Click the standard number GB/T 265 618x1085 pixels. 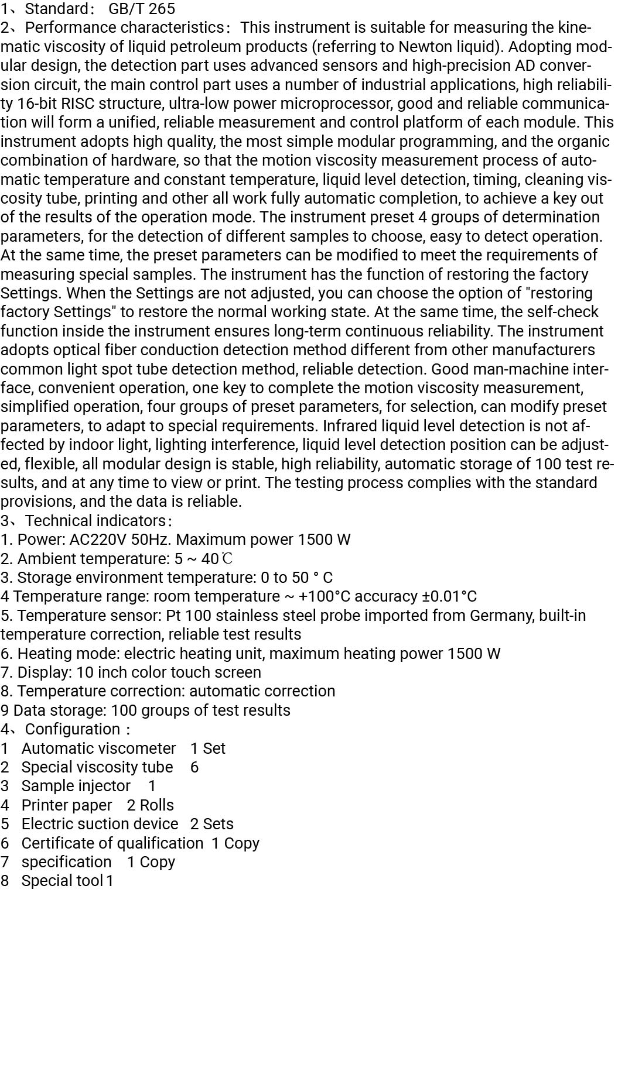[141, 9]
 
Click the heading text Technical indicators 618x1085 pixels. [95, 521]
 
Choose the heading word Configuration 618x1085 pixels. [72, 729]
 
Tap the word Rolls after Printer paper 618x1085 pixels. [156, 805]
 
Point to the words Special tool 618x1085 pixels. [62, 881]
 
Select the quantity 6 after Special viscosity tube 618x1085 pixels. [194, 767]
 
